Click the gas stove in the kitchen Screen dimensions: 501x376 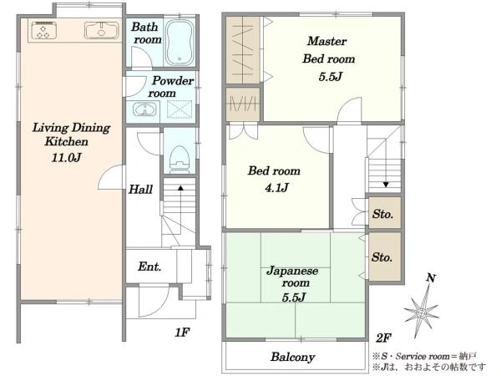pos(44,30)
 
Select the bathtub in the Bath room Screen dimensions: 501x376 pos(180,43)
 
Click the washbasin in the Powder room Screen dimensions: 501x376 pos(144,109)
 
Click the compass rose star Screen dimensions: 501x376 pos(422,312)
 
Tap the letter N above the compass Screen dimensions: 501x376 pos(431,278)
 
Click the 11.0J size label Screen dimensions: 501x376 pos(67,157)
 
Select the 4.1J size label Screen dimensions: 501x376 pos(276,187)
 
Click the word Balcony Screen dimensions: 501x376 pos(293,357)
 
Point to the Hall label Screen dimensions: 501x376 pos(140,190)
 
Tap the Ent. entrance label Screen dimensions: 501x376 pos(149,267)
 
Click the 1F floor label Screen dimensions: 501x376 pos(182,333)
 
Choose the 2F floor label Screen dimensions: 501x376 pos(383,338)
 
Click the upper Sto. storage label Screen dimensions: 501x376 pos(382,214)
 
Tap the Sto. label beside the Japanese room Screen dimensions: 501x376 pos(382,257)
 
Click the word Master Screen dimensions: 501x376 pos(326,41)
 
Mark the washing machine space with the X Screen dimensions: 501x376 pos(180,109)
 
